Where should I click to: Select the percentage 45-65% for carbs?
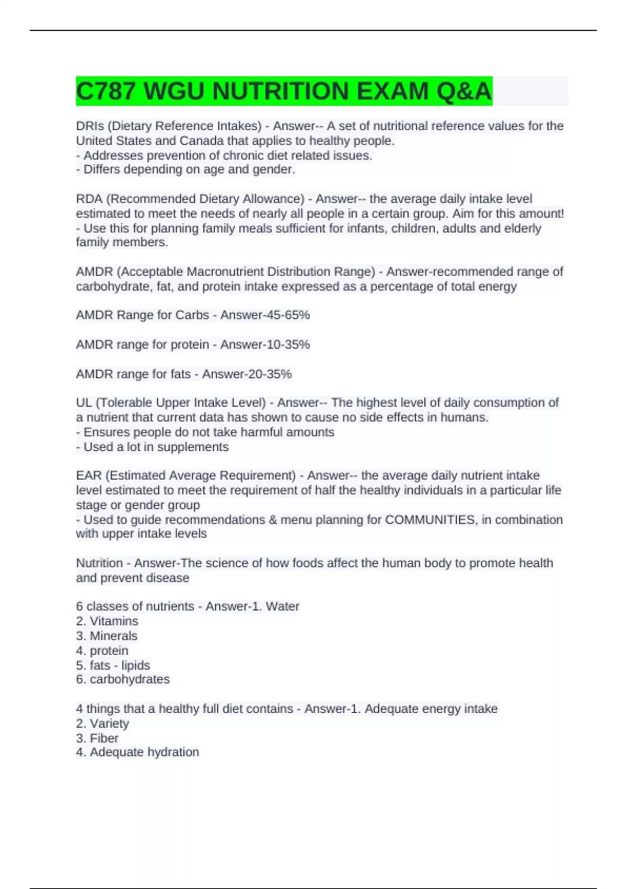coord(287,315)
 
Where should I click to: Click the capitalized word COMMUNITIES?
coord(430,520)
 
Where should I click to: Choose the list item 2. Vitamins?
coord(107,621)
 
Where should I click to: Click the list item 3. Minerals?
coord(107,636)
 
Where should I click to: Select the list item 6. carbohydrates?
coord(123,679)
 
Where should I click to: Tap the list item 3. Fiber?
coord(97,738)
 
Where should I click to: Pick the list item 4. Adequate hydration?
coord(137,752)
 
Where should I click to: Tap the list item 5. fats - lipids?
coord(113,665)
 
